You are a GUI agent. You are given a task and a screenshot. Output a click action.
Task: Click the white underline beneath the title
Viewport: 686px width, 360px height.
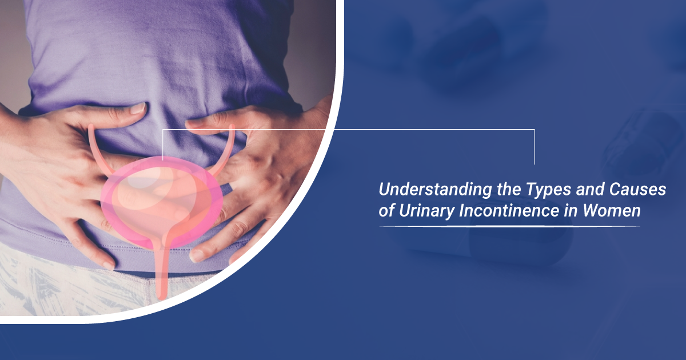click(509, 226)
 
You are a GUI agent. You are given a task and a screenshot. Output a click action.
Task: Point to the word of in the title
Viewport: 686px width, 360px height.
click(387, 211)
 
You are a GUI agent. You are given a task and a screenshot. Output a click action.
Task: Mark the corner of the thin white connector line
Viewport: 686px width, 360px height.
click(535, 130)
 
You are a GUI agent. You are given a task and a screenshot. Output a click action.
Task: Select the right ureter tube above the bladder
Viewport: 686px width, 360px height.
click(229, 146)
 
